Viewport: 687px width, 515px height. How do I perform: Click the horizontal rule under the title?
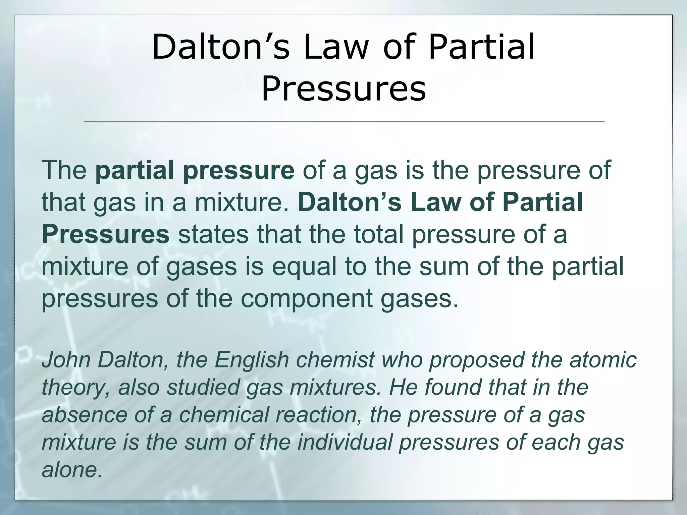point(343,121)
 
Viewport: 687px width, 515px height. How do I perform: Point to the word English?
point(252,360)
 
